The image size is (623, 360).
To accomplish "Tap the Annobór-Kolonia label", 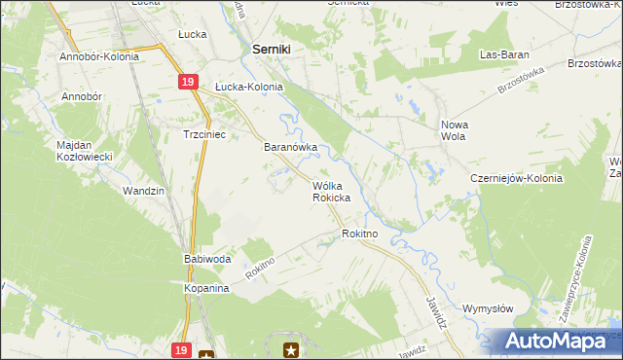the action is coord(99,56).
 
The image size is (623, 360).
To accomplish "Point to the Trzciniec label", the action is coord(204,135).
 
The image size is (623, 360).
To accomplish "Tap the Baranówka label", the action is coord(292,148).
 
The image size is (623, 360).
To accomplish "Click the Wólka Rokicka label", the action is coord(331,191).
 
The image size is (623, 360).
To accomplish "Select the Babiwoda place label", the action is coord(206,260).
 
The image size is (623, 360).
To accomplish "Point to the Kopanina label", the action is coord(205,289).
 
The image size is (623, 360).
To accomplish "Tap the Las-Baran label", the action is coord(502,54).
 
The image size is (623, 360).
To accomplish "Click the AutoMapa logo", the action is coord(557,342).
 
